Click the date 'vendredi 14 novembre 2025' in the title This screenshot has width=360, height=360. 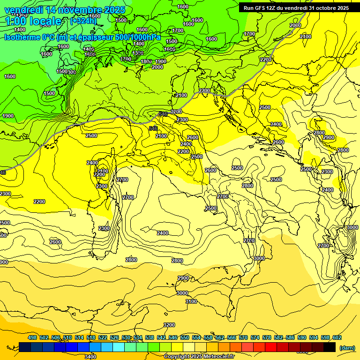[65, 10]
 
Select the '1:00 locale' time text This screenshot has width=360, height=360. [34, 21]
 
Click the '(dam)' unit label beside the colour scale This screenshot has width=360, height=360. [346, 347]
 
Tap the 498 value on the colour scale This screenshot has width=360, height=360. [32, 338]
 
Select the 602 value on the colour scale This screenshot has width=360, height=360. [337, 338]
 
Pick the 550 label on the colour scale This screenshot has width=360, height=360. [185, 338]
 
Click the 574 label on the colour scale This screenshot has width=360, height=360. [255, 338]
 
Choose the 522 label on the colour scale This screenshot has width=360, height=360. [103, 338]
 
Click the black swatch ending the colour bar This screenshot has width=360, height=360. [330, 347]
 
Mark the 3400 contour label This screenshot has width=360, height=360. [90, 356]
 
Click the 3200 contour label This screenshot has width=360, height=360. [169, 325]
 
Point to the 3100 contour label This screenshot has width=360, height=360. [191, 301]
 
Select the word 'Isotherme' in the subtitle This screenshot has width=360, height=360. [22, 37]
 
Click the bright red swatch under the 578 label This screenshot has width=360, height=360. [271, 347]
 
